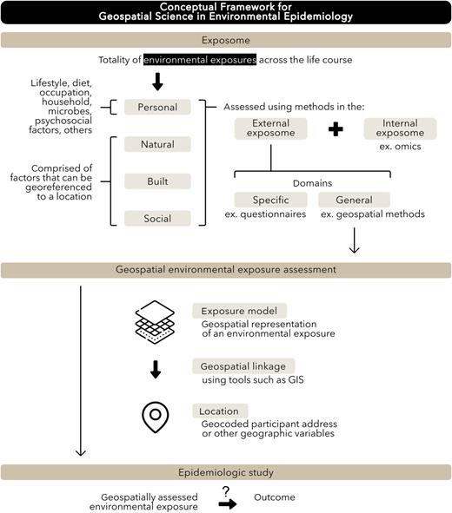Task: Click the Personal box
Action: (158, 108)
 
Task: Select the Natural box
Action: (158, 144)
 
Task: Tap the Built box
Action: (158, 181)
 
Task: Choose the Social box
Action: (158, 219)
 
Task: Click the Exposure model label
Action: (239, 310)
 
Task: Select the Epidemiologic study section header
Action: (226, 471)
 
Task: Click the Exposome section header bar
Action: (226, 40)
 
